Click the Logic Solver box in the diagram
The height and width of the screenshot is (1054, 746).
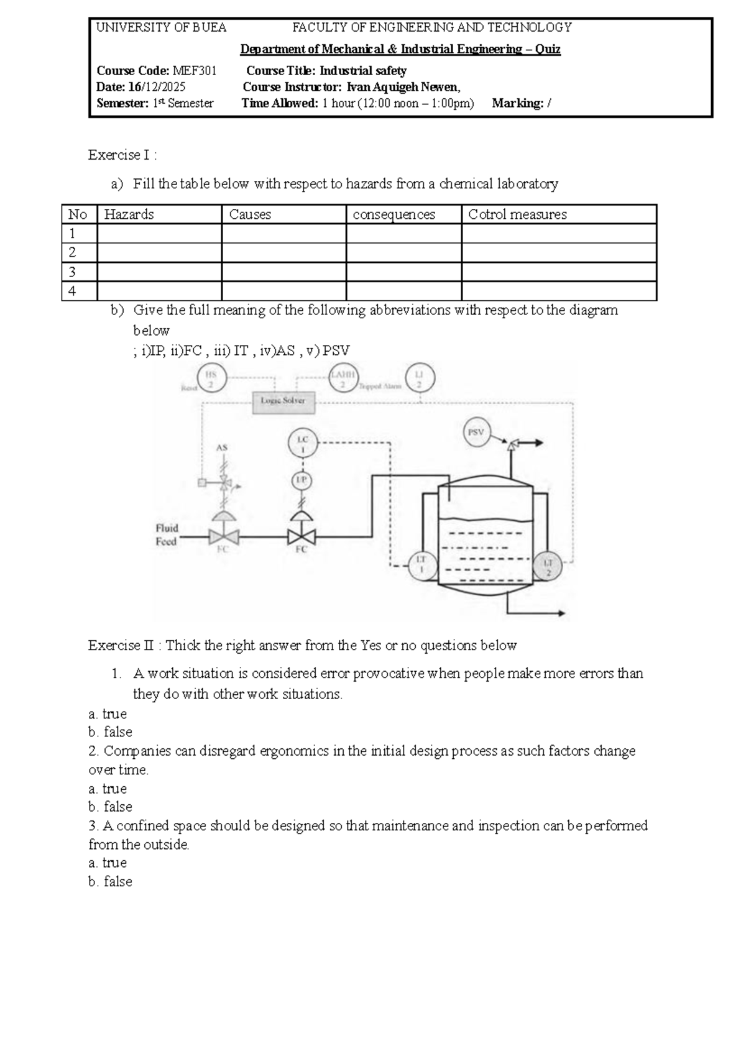(x=283, y=401)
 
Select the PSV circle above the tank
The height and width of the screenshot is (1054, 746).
(x=476, y=433)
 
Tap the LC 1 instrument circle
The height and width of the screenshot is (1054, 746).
(x=303, y=444)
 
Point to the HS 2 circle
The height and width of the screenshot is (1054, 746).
(x=211, y=379)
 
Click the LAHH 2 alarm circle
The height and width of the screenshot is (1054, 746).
(x=343, y=379)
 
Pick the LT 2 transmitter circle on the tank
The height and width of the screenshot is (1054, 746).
(x=548, y=566)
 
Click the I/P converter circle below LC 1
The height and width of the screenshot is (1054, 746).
(x=302, y=480)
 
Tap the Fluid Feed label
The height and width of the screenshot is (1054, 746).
(x=167, y=534)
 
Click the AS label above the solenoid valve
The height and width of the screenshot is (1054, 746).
(x=222, y=447)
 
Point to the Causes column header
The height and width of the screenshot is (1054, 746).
(x=250, y=214)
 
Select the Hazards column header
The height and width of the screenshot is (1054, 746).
(x=129, y=214)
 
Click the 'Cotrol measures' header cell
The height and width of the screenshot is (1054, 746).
(x=517, y=214)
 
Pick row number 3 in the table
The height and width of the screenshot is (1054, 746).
(x=73, y=272)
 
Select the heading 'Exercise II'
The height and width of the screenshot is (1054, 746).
(x=121, y=646)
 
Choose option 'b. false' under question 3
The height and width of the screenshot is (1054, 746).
(x=110, y=881)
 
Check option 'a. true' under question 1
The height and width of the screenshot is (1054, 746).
(x=108, y=713)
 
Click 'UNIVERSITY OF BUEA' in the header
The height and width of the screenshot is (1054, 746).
(x=162, y=28)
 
